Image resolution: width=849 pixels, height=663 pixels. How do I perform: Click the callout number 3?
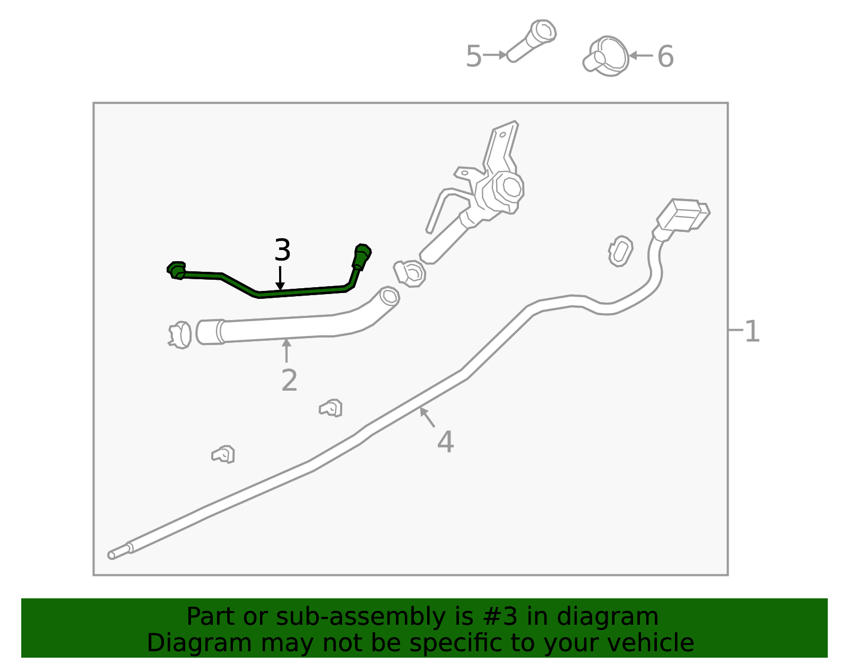point(282,251)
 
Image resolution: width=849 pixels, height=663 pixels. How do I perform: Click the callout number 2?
point(289,381)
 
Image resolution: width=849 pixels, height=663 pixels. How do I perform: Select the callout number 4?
point(445,442)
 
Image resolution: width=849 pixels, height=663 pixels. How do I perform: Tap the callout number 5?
point(473,57)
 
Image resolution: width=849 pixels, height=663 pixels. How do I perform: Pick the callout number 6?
point(665,57)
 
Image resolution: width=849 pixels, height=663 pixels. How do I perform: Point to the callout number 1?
point(752,332)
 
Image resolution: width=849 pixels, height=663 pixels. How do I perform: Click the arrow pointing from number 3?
point(280,278)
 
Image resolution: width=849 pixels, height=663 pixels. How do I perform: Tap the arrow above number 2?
point(287,350)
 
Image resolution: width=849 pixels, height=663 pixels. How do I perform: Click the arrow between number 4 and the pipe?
point(427,417)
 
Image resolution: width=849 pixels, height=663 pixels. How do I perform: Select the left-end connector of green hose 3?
point(176,270)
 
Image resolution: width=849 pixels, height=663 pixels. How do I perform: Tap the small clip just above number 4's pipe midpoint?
point(331,408)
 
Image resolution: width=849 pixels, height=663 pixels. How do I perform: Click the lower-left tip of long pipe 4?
point(111,555)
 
